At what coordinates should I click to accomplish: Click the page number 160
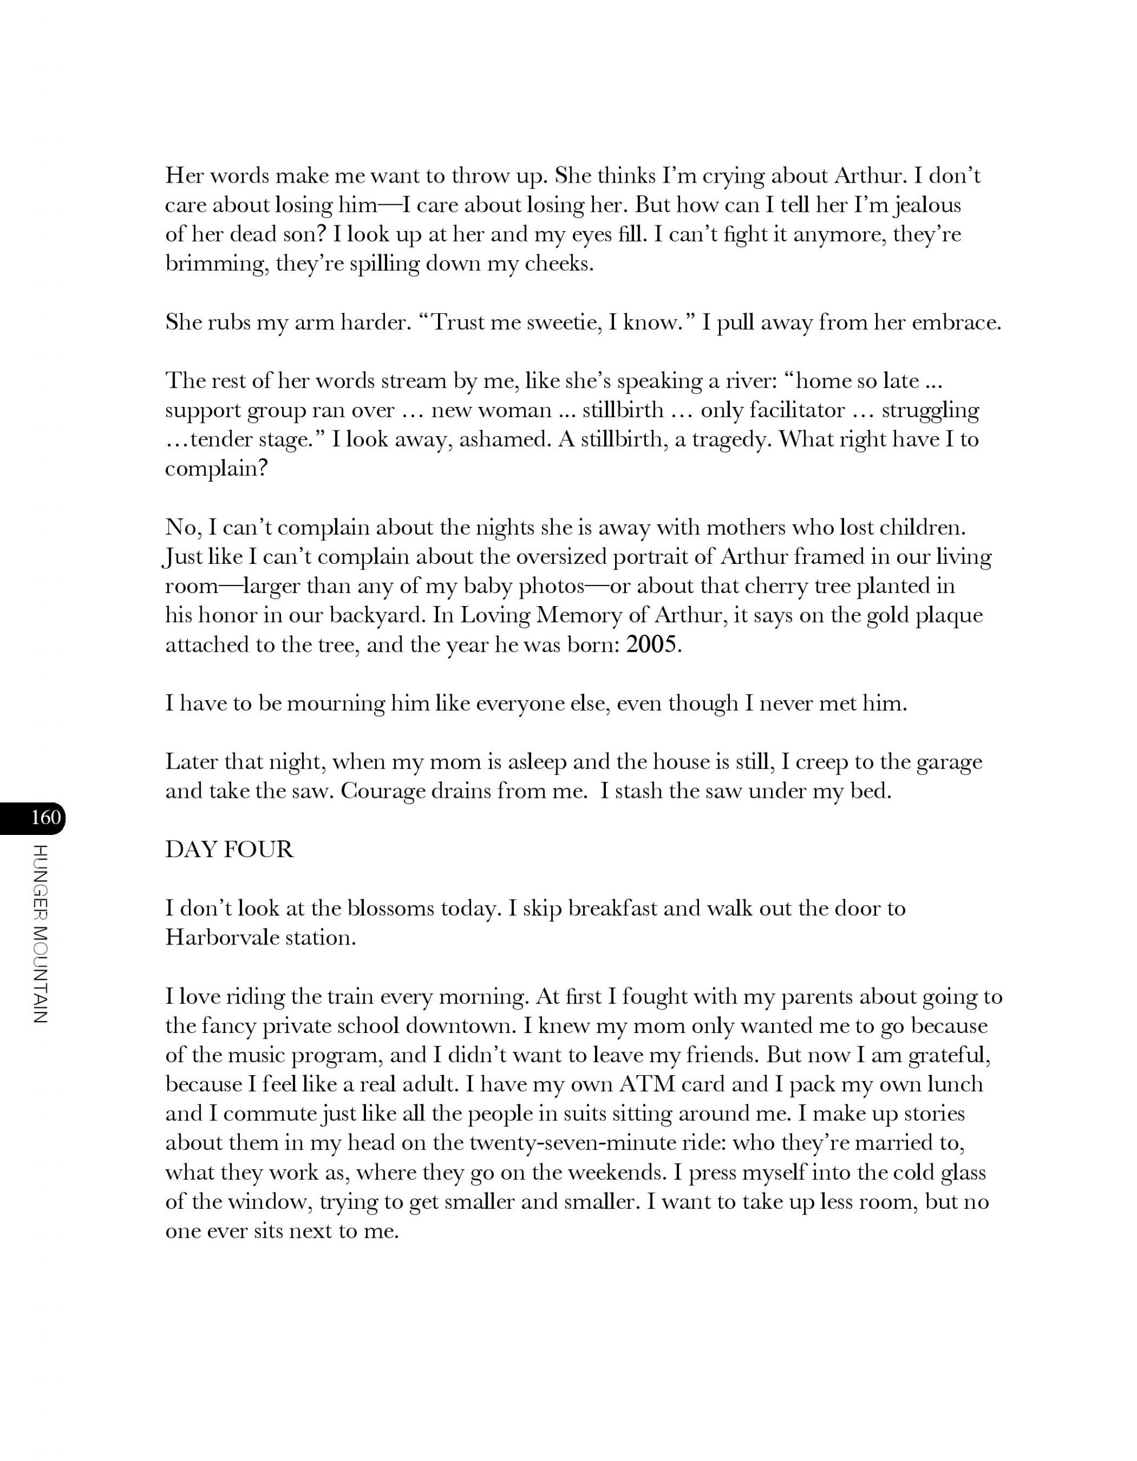[x=46, y=817]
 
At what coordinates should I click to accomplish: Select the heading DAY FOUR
[x=230, y=850]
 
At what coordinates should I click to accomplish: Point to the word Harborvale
[x=222, y=937]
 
